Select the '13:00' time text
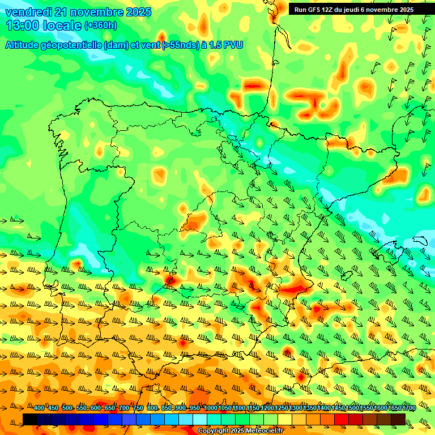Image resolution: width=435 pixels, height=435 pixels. [23, 25]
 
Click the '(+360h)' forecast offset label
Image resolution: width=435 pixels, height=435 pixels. [101, 25]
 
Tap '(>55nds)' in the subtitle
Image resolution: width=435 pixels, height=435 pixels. [178, 45]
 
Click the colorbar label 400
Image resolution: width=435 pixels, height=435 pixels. [39, 408]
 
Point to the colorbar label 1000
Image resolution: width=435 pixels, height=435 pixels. [211, 408]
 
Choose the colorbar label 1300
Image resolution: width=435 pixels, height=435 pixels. [296, 408]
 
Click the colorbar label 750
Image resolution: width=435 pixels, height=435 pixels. [138, 408]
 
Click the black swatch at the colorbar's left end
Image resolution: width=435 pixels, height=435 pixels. [30, 419]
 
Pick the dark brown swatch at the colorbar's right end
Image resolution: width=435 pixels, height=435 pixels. [398, 419]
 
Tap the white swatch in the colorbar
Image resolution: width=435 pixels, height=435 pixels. [200, 419]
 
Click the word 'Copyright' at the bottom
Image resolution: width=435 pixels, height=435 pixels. [213, 430]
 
